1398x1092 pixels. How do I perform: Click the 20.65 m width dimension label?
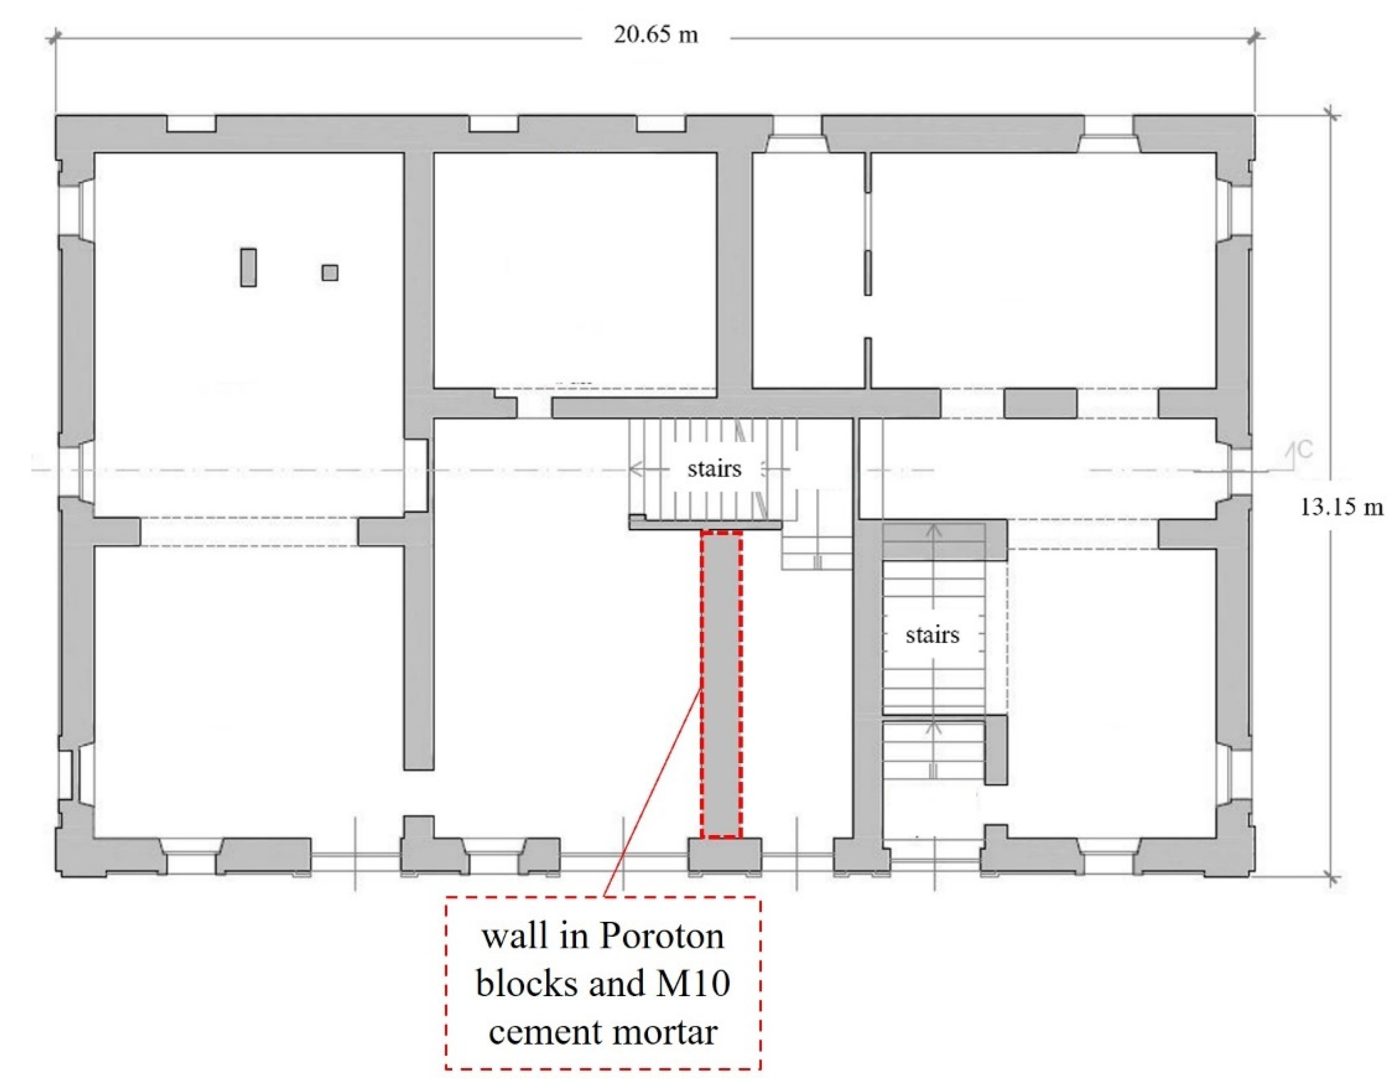(656, 35)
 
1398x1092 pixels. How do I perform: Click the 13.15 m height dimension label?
(1340, 507)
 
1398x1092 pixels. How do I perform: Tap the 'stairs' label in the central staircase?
(714, 469)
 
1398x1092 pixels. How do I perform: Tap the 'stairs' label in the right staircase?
(932, 635)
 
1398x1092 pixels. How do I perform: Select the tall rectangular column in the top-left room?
(248, 267)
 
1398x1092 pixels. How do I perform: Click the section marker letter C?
(1306, 450)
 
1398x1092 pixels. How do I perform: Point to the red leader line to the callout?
(653, 794)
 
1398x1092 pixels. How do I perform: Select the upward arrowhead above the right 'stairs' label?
(933, 530)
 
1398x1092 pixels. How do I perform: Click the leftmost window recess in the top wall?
(191, 124)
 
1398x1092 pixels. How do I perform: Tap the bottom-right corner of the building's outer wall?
(1253, 875)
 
